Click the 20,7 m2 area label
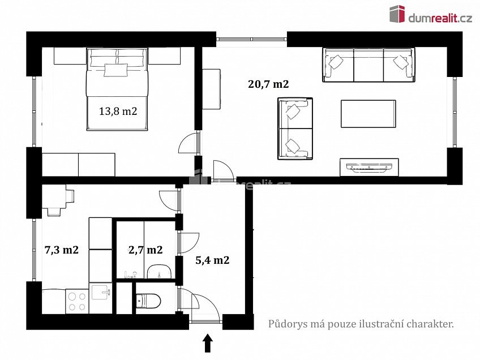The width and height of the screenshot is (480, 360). (x=268, y=84)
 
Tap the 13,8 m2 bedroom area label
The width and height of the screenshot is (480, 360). (x=118, y=111)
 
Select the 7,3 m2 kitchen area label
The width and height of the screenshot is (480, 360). (x=62, y=250)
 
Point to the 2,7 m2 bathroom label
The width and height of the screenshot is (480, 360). (x=145, y=250)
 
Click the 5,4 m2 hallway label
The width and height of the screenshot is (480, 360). (x=212, y=260)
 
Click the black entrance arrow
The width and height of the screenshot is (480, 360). (x=208, y=343)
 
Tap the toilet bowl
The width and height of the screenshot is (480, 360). (x=148, y=301)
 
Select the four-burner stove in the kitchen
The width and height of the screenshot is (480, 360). (x=77, y=302)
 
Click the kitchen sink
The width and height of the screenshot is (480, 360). (x=100, y=293)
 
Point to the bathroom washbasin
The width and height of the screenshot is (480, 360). (x=160, y=272)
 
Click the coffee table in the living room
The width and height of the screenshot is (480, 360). (x=368, y=114)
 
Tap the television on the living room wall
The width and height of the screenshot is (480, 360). (x=369, y=167)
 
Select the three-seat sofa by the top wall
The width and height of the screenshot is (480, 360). (x=368, y=65)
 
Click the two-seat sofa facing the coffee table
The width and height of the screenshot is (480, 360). (x=295, y=128)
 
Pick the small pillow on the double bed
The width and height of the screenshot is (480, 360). (x=115, y=70)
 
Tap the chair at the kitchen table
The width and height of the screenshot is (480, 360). (x=54, y=212)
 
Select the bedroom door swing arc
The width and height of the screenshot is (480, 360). (x=187, y=142)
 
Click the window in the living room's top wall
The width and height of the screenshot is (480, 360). (x=252, y=39)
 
